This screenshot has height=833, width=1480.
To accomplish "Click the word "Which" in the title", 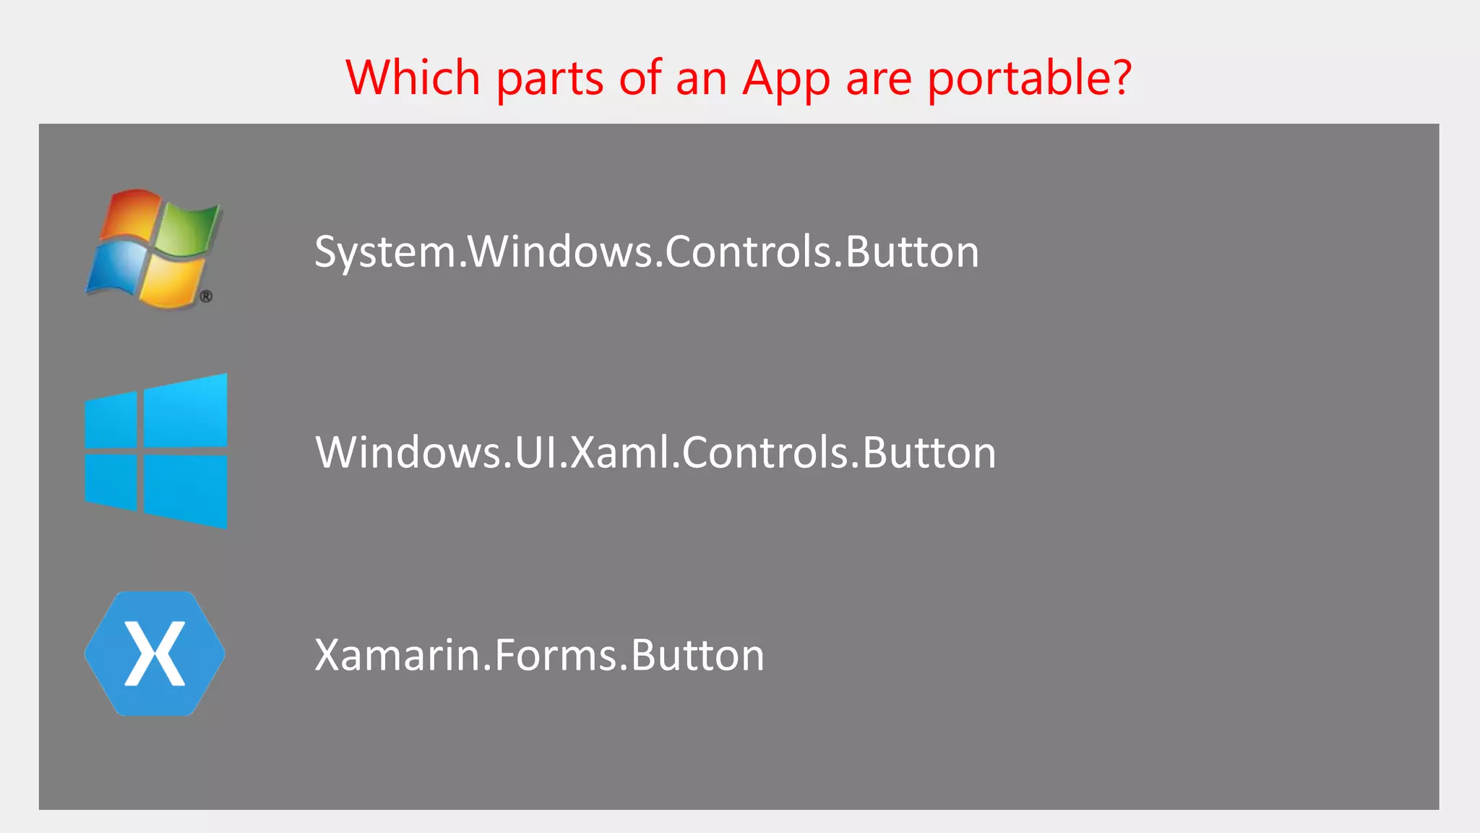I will [413, 77].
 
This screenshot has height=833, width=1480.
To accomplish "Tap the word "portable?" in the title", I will [1029, 79].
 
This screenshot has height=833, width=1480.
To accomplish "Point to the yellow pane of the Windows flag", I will [171, 281].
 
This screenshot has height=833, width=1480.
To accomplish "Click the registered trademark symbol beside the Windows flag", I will [206, 296].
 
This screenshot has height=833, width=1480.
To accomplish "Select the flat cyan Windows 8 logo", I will [156, 451].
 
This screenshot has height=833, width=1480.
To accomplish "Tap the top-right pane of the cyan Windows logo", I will [186, 412].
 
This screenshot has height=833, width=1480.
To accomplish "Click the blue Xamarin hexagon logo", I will [155, 654].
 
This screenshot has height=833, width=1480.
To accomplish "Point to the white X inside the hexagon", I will [155, 654].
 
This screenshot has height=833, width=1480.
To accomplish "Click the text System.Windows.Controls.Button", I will [647, 252].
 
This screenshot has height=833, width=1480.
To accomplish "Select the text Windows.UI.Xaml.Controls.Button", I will [655, 453].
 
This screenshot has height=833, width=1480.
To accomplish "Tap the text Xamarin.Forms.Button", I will [539, 655].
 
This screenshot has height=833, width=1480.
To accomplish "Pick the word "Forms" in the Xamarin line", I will [555, 655].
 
